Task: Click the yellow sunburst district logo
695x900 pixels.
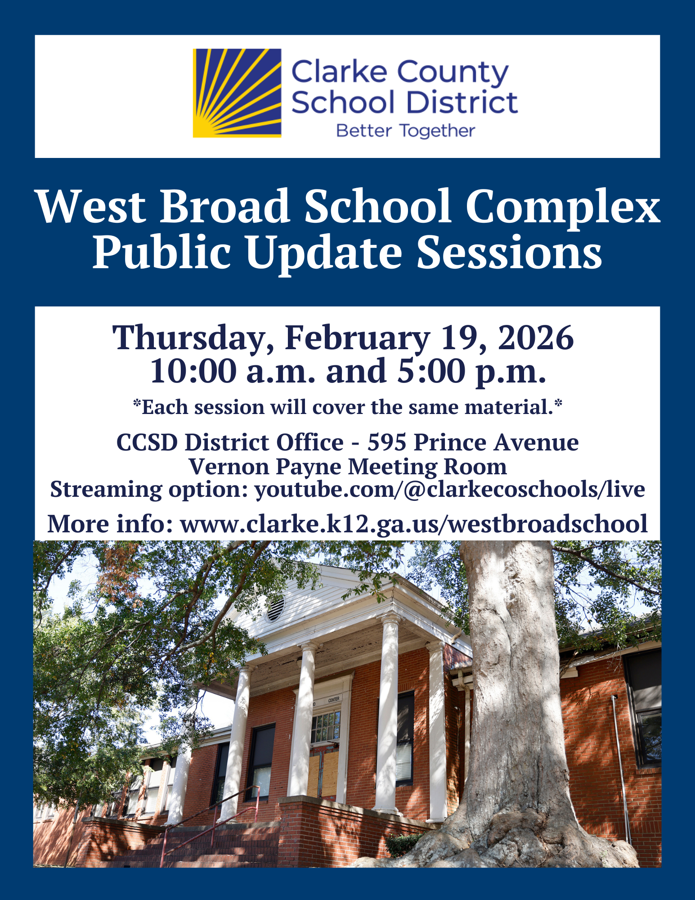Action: [237, 93]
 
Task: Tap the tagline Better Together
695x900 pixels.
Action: [405, 131]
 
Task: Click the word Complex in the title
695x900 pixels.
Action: [563, 207]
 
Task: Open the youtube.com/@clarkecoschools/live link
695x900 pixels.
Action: [450, 489]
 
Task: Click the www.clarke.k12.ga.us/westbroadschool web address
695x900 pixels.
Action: [414, 524]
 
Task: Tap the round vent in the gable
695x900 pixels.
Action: [275, 609]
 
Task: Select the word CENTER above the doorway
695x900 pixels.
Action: [334, 700]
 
